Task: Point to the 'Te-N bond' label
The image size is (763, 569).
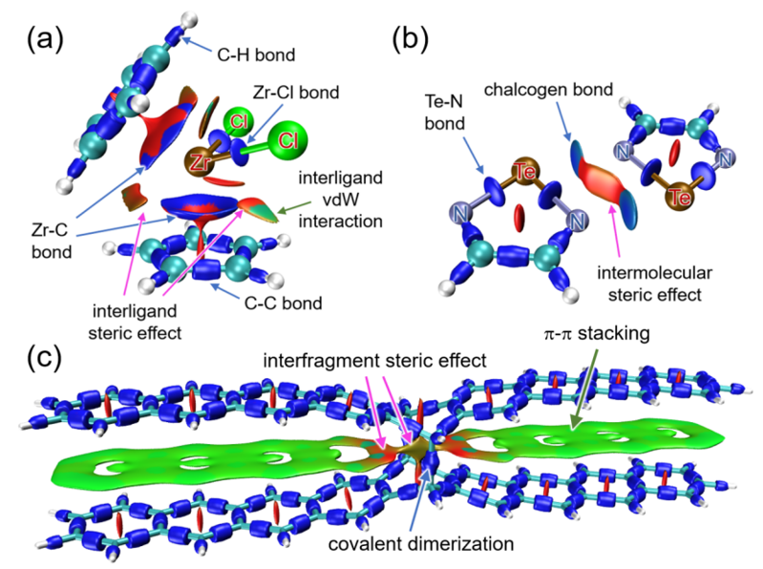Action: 447,114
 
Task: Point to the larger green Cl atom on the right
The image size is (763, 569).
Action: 286,141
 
